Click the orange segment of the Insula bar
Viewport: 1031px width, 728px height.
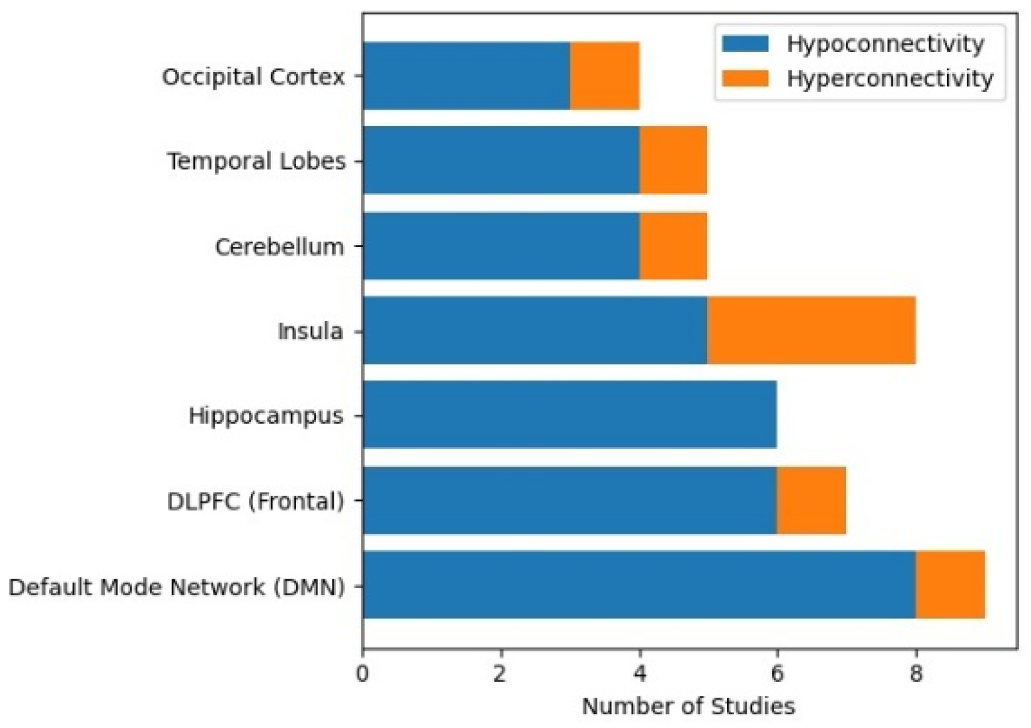click(812, 330)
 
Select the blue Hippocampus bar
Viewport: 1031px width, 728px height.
click(570, 415)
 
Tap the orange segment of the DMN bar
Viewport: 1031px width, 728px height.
click(950, 585)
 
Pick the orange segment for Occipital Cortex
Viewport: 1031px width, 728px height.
click(605, 76)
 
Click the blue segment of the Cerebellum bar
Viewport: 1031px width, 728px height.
click(501, 246)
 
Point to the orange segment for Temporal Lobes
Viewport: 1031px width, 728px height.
click(673, 160)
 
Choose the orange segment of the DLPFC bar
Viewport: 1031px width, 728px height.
click(812, 500)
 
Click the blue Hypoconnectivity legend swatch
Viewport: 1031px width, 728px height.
click(745, 44)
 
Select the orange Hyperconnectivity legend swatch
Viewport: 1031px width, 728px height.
click(745, 78)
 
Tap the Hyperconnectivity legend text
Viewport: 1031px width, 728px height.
click(890, 79)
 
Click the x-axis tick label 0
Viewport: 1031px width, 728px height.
click(363, 674)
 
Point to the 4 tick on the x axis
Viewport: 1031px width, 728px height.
click(639, 674)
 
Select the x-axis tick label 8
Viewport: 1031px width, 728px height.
click(916, 674)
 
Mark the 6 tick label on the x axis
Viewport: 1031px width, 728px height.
click(777, 674)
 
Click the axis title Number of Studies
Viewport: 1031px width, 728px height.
click(689, 706)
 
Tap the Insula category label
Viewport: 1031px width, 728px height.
click(310, 331)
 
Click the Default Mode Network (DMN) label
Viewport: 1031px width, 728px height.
click(176, 587)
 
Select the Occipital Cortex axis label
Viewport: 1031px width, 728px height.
click(253, 77)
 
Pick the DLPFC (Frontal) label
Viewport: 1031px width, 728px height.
click(256, 501)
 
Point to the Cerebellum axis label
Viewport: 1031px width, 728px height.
click(280, 246)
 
